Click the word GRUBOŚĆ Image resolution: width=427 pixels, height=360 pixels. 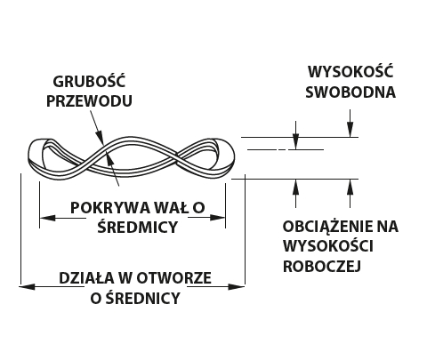point(89,81)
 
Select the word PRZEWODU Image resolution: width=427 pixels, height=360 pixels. point(89,101)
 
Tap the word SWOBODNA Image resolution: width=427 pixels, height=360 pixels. point(350,92)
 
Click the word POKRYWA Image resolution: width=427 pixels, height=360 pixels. point(110,208)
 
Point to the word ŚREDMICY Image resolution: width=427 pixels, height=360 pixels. point(138,227)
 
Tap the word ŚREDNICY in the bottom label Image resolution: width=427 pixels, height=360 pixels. point(143,298)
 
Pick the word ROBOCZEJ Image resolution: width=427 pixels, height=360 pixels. point(322,266)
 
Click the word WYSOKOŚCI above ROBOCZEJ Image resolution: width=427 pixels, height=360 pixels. point(328,246)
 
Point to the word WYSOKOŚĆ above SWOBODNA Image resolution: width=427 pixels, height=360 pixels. point(350,72)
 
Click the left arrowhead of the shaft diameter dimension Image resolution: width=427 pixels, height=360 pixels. point(47,218)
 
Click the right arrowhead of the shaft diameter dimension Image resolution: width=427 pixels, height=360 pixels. point(218,218)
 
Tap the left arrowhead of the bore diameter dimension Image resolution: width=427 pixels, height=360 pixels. point(28,286)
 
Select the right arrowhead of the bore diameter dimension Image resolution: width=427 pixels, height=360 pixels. point(237,286)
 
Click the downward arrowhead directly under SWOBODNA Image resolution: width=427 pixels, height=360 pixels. point(350,130)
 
